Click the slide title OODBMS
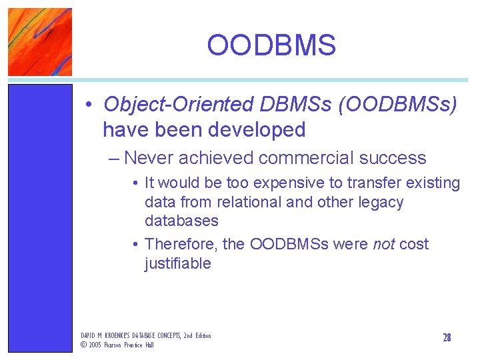(x=271, y=45)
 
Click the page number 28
(x=447, y=338)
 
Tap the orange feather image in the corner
(x=40, y=41)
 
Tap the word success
(x=393, y=158)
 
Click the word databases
(x=181, y=221)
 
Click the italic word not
(x=384, y=244)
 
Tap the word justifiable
(x=177, y=263)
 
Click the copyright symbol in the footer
(x=83, y=345)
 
